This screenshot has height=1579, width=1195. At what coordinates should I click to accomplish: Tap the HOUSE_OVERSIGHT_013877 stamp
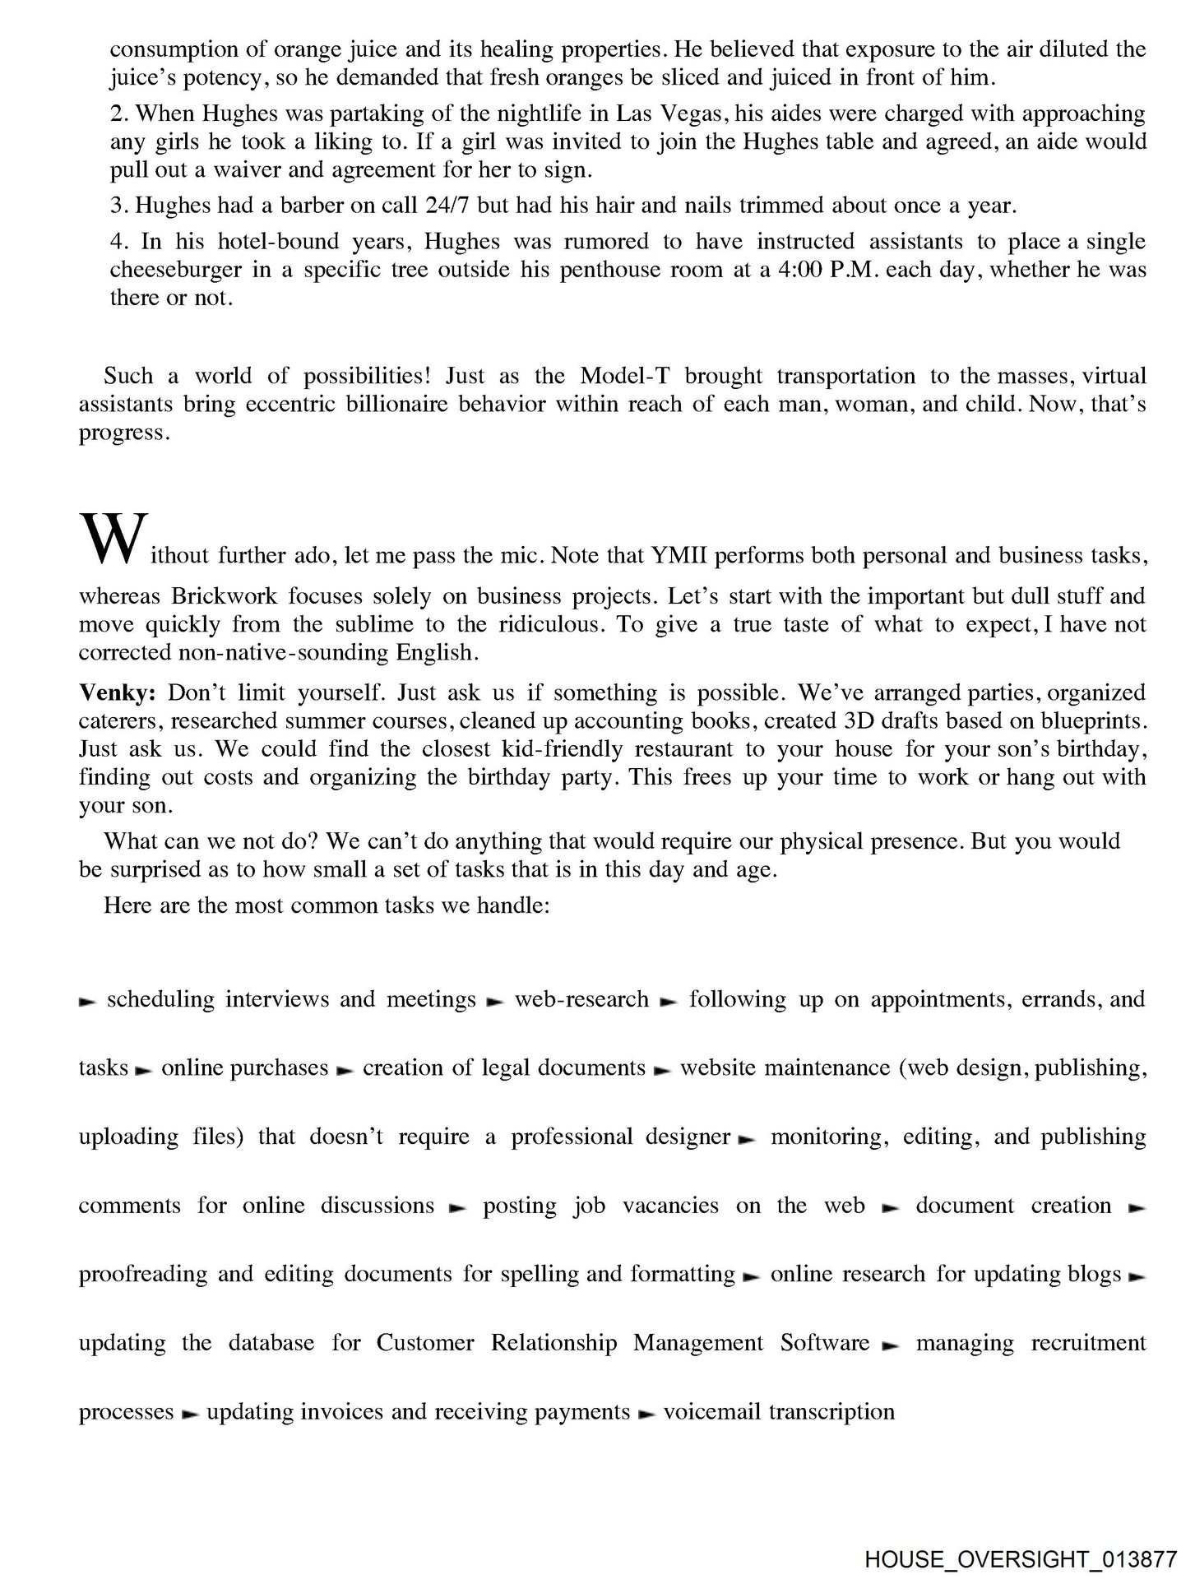pos(1020,1558)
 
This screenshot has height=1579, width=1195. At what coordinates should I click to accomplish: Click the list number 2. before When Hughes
pos(120,113)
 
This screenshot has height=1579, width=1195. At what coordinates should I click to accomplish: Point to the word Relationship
pos(553,1342)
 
